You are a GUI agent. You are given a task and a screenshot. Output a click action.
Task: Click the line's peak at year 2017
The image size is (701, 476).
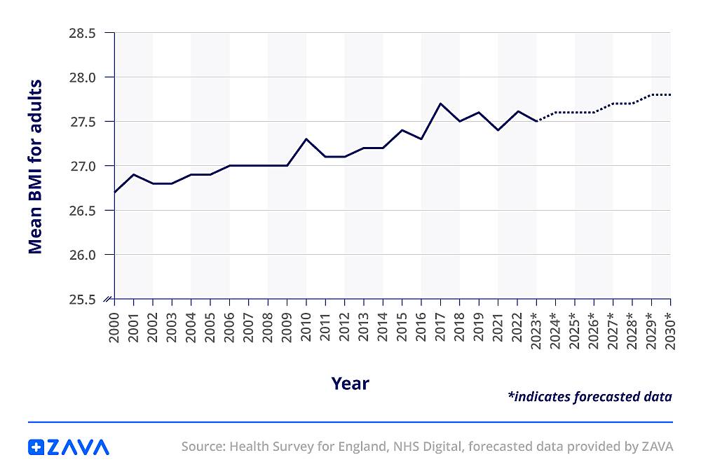click(440, 104)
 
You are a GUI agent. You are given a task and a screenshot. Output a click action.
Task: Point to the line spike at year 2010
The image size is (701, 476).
click(306, 139)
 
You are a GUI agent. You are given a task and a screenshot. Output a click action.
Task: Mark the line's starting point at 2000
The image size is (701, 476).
click(114, 192)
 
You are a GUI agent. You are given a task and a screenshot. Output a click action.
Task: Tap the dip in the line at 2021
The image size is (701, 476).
click(498, 130)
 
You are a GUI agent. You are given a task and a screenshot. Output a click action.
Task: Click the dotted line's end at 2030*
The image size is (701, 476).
click(671, 94)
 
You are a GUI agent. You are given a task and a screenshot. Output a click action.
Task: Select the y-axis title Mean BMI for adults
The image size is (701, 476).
click(35, 167)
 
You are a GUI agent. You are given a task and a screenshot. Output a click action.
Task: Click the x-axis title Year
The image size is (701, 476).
click(350, 383)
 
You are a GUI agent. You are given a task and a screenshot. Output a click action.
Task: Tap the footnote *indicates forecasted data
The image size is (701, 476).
click(589, 397)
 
